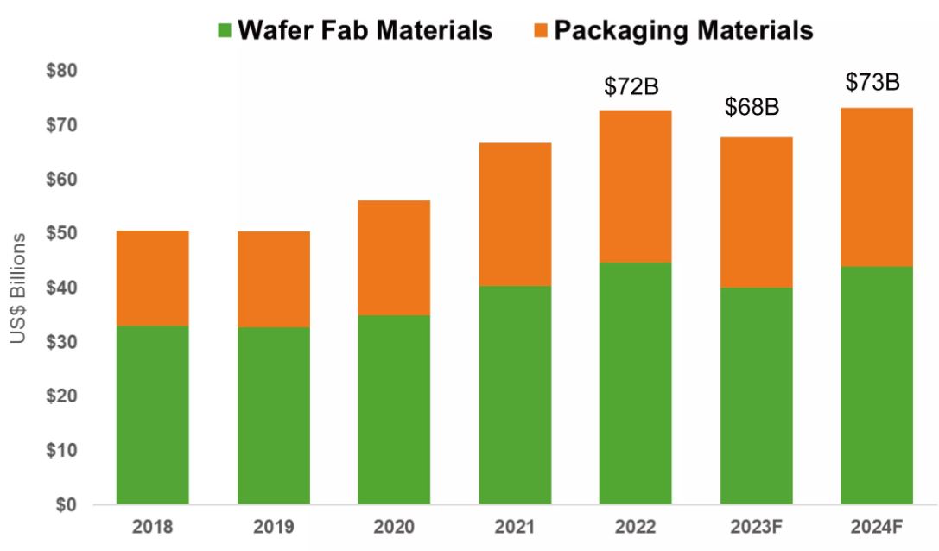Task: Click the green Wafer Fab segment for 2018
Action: [x=153, y=415]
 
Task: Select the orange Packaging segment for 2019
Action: [x=274, y=279]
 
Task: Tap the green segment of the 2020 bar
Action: [x=394, y=409]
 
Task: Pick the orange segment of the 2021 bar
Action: [x=515, y=214]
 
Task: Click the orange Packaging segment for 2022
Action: [x=636, y=186]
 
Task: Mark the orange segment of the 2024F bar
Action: [x=877, y=187]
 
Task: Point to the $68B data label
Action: [x=752, y=108]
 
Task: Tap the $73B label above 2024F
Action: [x=872, y=82]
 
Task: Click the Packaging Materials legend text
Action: [x=682, y=30]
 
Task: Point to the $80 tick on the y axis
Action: [x=62, y=71]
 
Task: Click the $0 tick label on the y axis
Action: [x=67, y=505]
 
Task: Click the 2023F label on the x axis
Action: [x=757, y=528]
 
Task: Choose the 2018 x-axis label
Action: [x=153, y=528]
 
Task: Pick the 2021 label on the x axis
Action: [x=515, y=528]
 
